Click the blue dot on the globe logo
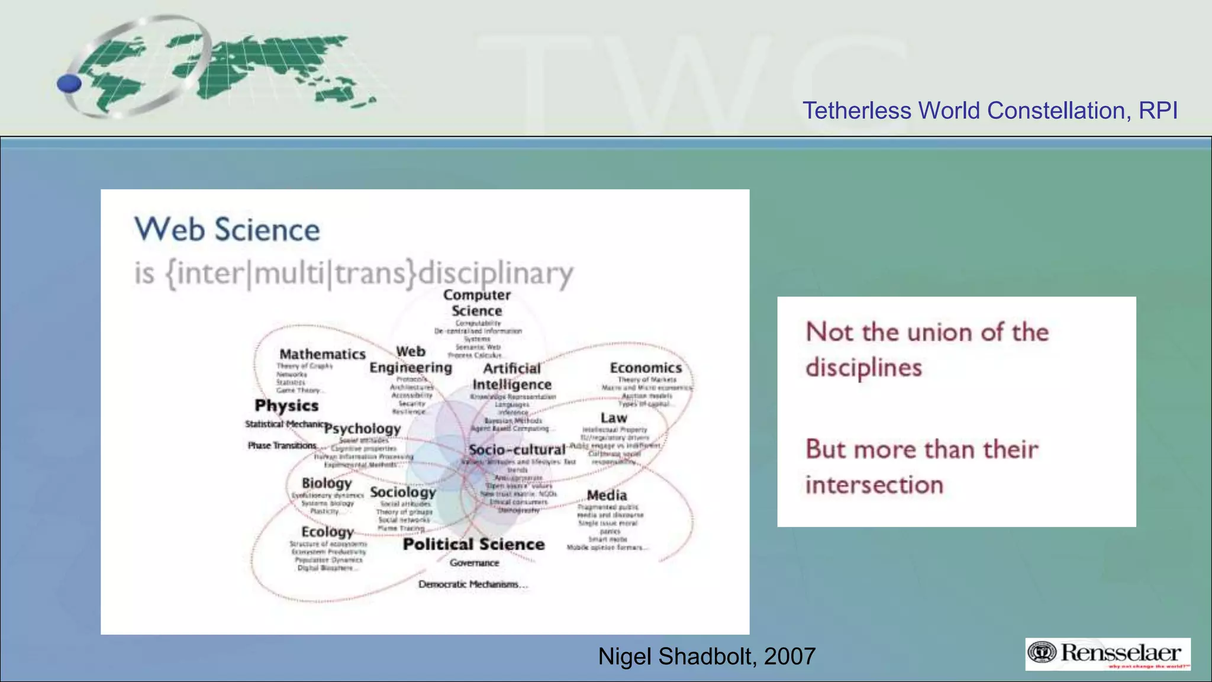69,83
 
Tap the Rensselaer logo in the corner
1107,654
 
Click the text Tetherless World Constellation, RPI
989,111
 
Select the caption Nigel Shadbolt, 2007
707,656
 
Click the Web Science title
227,230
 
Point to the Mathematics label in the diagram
323,354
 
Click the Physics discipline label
286,406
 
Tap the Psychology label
362,428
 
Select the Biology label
327,483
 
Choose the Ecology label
327,532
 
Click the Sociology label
402,492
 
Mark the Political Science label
473,544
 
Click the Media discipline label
607,495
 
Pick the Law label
614,417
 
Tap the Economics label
646,368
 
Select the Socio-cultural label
517,449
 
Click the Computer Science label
476,303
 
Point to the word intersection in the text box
874,485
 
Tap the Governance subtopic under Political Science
474,563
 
